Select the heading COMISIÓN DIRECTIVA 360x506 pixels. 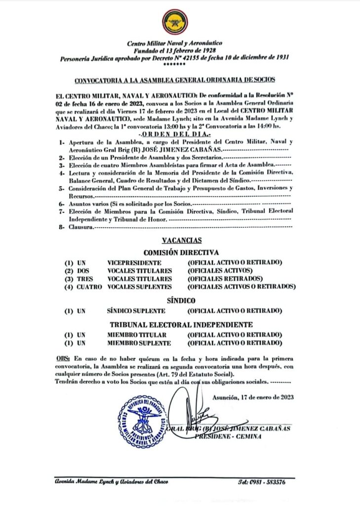coord(182,252)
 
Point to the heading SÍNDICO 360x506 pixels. coord(182,300)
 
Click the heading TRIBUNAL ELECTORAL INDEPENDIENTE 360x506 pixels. coord(182,325)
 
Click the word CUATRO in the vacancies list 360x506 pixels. coord(89,287)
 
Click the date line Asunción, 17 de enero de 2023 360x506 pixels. coord(253,397)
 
